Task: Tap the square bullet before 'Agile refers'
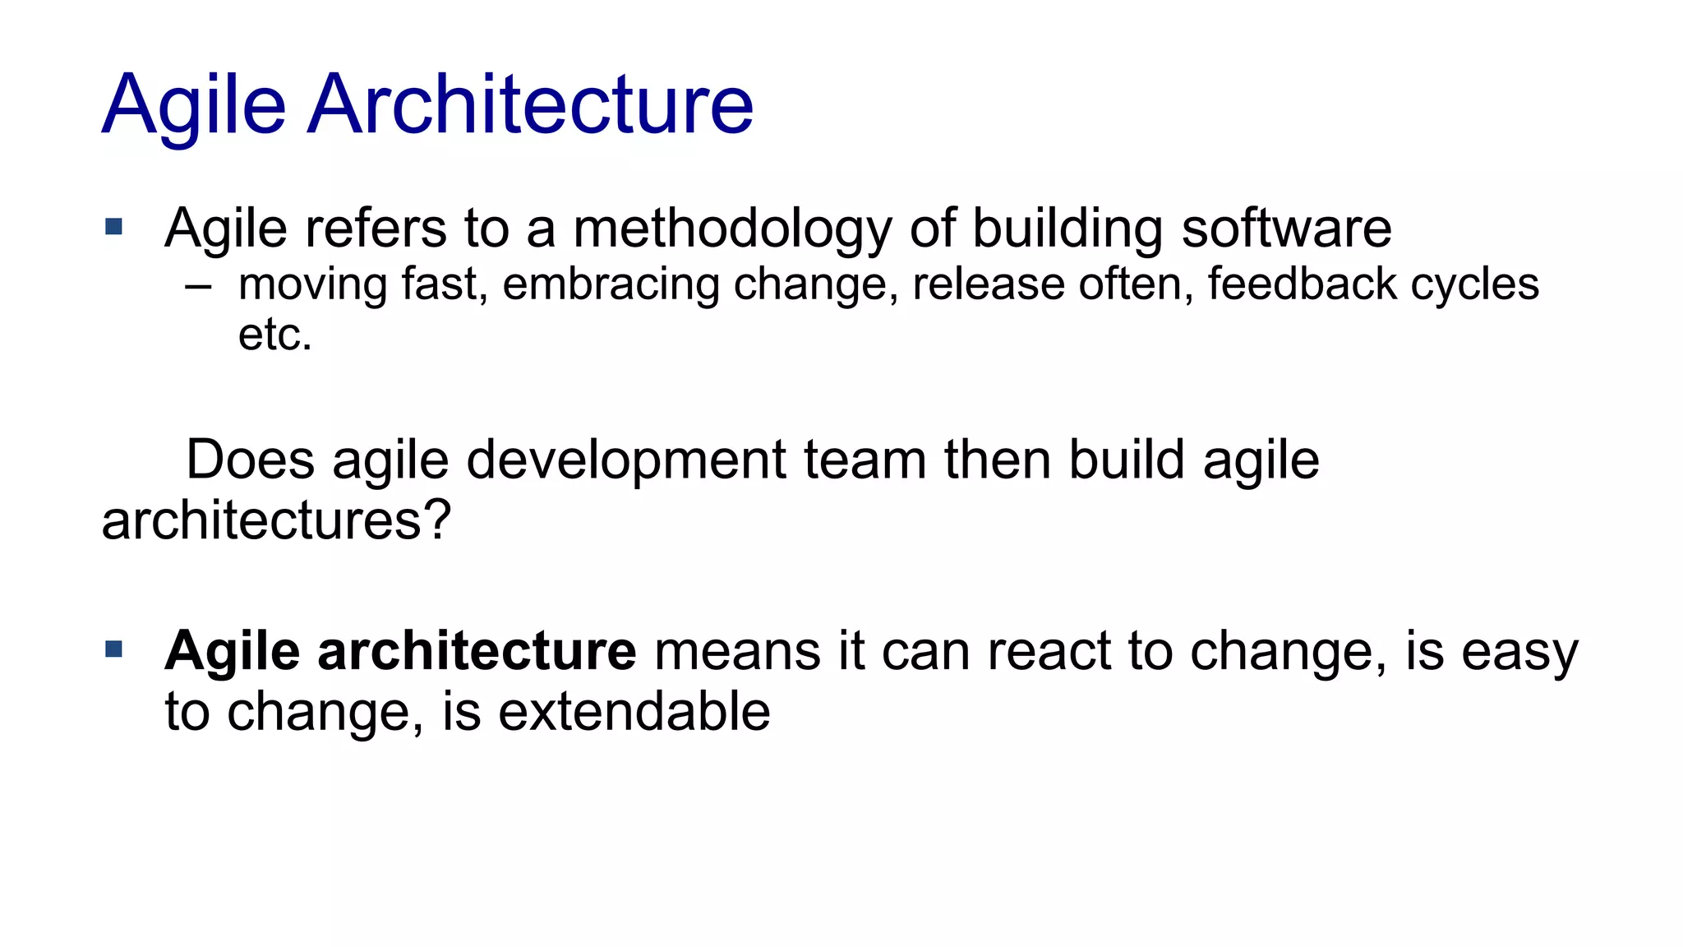click(114, 226)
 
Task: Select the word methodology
click(731, 229)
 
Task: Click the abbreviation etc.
click(275, 335)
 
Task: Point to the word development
click(626, 460)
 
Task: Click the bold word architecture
click(477, 650)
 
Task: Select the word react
click(1049, 651)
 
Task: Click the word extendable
click(634, 711)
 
